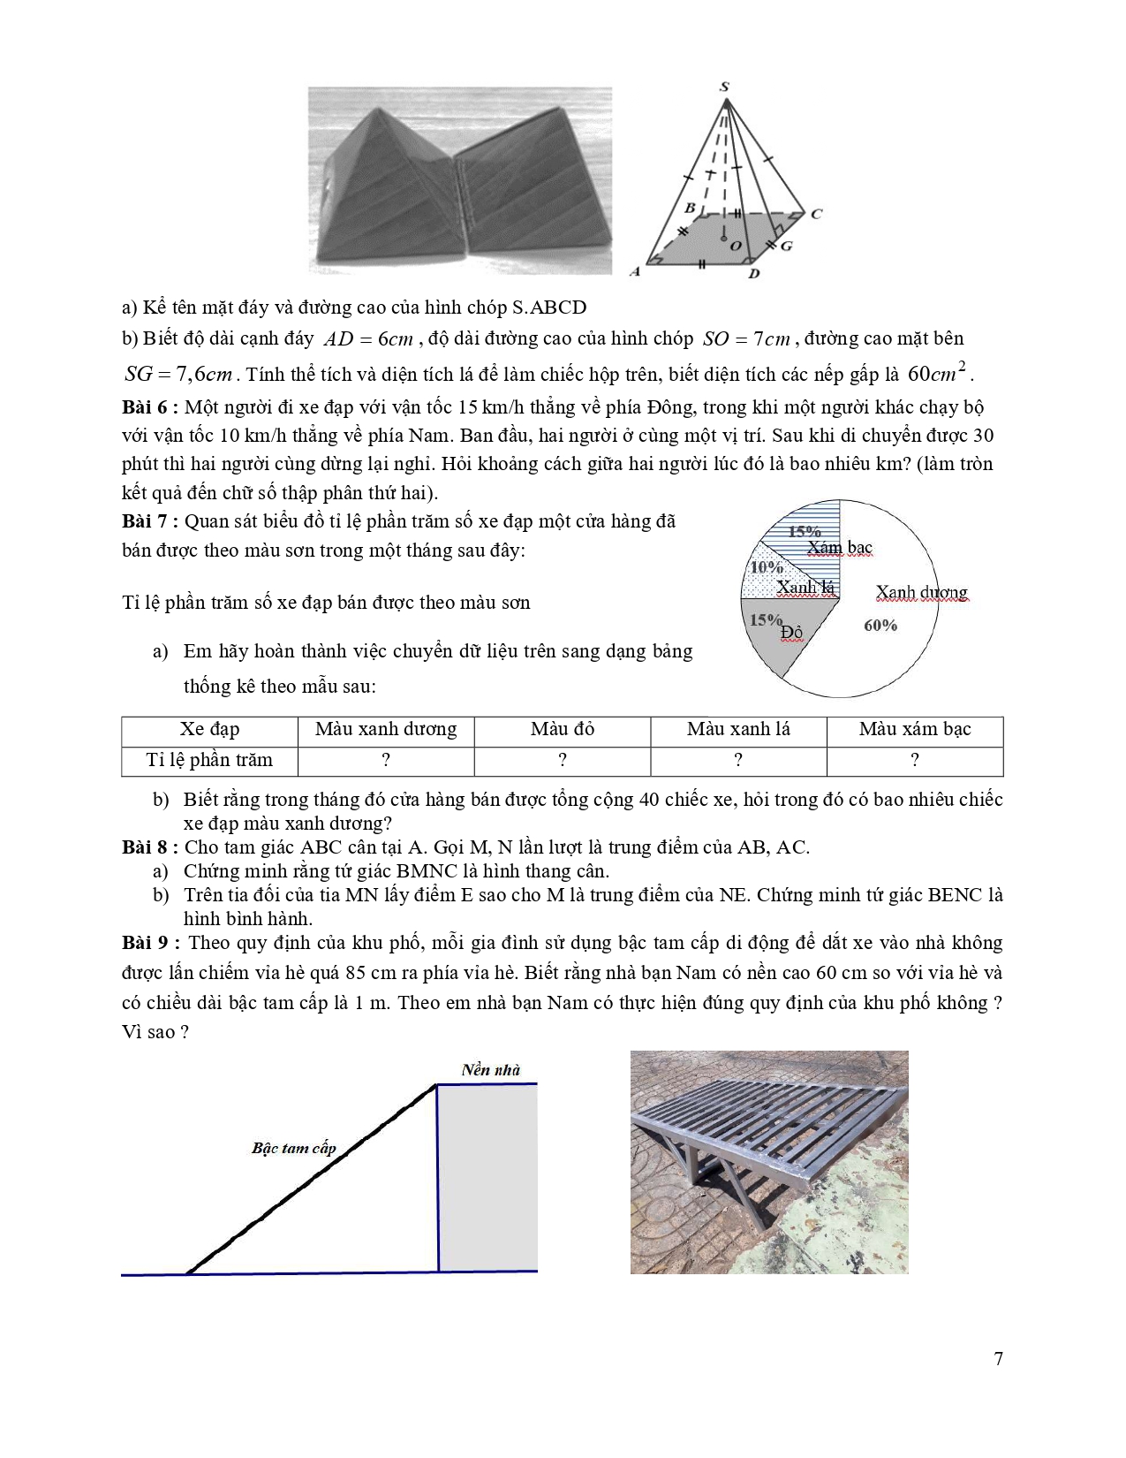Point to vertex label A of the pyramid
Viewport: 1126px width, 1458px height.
pos(635,271)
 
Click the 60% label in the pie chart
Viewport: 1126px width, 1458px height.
pos(880,626)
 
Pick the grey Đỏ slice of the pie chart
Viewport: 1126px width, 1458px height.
pos(786,641)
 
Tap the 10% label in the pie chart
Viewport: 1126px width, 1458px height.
pos(766,567)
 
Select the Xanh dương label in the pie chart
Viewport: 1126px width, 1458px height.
pos(921,592)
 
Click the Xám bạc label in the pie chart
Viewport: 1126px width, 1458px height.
pos(839,548)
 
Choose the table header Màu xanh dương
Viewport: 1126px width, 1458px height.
pos(386,730)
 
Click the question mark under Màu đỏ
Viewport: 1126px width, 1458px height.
pos(563,760)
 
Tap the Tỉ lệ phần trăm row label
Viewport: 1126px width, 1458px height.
pos(209,760)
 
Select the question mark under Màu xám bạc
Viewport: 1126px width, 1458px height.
pos(915,760)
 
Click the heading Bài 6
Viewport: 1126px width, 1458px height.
pos(150,407)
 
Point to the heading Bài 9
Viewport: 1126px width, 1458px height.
pos(150,943)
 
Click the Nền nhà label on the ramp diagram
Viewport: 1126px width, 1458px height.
pos(491,1070)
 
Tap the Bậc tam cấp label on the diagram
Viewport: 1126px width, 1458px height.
pos(294,1149)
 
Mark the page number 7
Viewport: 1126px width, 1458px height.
pos(999,1359)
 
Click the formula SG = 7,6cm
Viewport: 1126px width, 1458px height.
pos(178,375)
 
